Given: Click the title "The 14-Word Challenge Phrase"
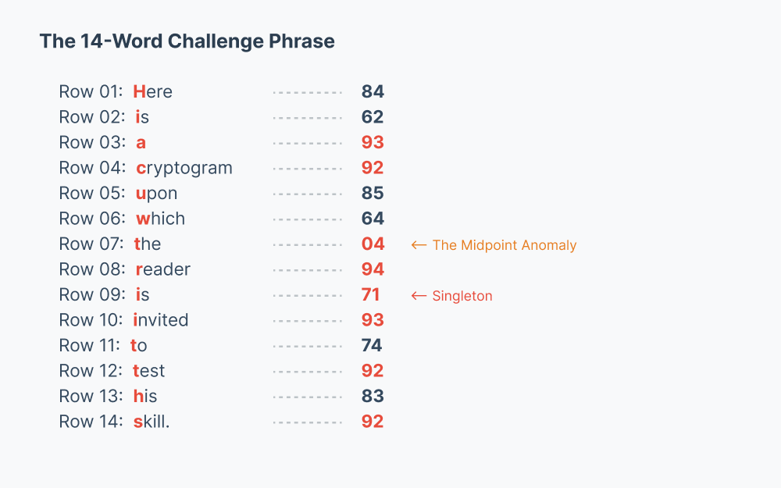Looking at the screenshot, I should click(x=187, y=41).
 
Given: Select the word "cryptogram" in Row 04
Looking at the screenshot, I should click(x=184, y=168).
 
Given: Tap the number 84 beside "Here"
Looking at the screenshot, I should click(x=373, y=91).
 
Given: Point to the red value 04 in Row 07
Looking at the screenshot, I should click(x=373, y=244).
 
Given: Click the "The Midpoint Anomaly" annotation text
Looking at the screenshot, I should click(x=504, y=245).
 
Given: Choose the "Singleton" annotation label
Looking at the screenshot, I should click(x=462, y=296).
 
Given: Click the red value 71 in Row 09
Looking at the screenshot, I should click(x=371, y=294).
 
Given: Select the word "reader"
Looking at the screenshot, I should click(x=163, y=269).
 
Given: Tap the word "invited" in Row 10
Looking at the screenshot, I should click(x=161, y=320).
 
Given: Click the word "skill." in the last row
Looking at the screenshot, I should click(x=152, y=422).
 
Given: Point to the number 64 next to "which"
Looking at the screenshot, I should click(x=373, y=219).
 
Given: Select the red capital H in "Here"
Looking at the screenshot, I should click(x=140, y=92).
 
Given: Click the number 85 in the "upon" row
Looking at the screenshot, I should click(x=373, y=193).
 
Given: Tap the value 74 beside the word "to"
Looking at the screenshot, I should click(x=373, y=345).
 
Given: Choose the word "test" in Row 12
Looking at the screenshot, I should click(x=148, y=371).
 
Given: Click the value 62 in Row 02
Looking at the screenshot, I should click(x=373, y=117).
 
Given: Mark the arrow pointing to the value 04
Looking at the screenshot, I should click(x=419, y=245).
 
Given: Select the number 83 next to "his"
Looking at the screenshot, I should click(x=373, y=396).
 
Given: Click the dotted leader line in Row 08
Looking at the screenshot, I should click(x=308, y=269).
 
